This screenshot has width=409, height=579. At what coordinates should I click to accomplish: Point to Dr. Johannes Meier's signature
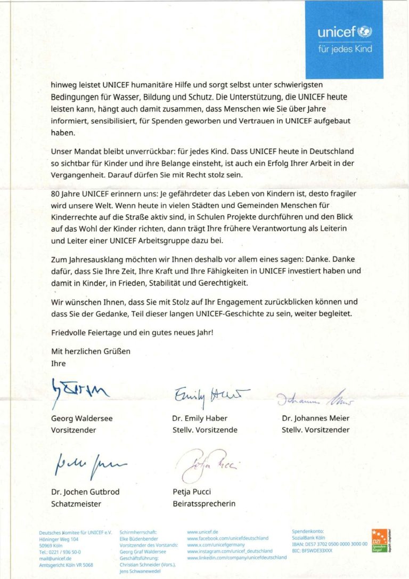click(x=315, y=398)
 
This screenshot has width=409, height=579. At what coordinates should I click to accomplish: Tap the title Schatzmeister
click(x=76, y=503)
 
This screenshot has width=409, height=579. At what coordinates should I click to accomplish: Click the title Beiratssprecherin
click(x=203, y=503)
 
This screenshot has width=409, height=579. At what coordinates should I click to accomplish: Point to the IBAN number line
click(x=330, y=544)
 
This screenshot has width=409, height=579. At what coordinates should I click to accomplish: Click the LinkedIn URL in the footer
click(x=237, y=557)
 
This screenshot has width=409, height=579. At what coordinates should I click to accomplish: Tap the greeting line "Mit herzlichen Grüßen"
click(x=91, y=351)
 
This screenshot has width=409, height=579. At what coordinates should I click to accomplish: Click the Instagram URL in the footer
click(x=230, y=551)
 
